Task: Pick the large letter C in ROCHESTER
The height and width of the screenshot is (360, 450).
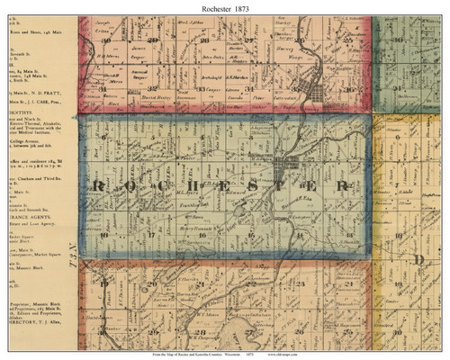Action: coord(158,186)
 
